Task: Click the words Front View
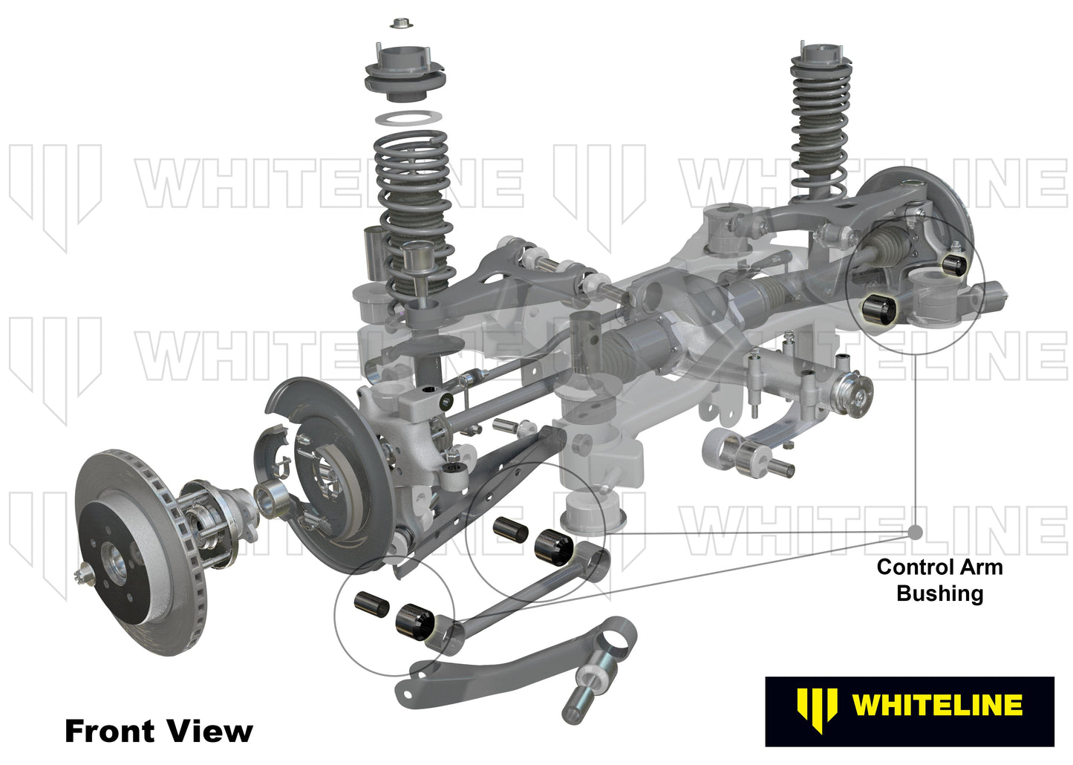click(158, 731)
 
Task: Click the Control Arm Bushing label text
click(939, 580)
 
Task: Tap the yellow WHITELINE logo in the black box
click(910, 703)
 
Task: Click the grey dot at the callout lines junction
click(915, 533)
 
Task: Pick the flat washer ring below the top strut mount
click(404, 118)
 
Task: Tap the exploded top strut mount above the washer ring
click(404, 74)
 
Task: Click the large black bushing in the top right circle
click(879, 310)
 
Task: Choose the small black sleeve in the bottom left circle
click(371, 603)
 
